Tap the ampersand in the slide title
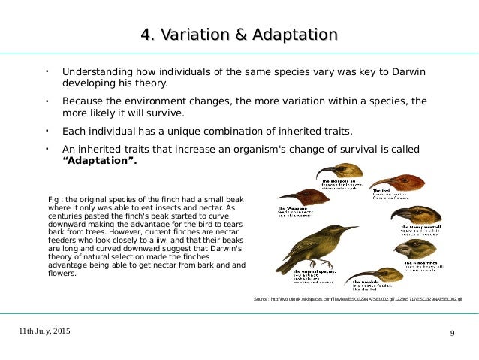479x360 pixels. point(239,35)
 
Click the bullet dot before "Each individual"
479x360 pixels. point(46,129)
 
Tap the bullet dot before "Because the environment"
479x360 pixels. point(46,100)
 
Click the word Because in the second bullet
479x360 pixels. point(86,101)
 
